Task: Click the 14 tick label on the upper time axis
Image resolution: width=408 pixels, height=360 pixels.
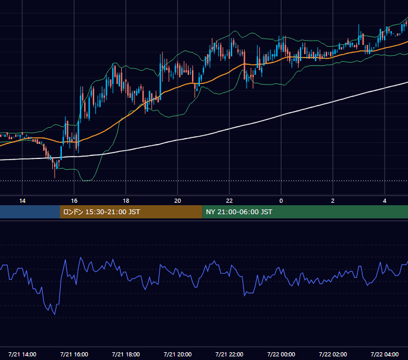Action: click(22, 201)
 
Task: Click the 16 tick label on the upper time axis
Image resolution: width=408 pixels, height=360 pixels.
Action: click(74, 201)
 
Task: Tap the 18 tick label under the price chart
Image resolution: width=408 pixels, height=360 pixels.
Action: click(126, 201)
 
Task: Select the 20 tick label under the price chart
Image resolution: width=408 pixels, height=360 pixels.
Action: click(178, 201)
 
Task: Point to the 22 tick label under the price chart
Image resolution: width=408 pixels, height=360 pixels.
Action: click(229, 201)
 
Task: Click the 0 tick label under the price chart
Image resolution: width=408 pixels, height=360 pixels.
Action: click(281, 201)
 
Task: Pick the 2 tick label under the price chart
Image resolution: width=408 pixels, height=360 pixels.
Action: click(333, 201)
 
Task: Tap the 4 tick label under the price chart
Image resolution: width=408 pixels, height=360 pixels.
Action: click(385, 201)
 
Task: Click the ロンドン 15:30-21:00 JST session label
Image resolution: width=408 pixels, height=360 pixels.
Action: click(101, 212)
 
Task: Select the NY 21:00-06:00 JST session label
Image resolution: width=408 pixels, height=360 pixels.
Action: click(239, 212)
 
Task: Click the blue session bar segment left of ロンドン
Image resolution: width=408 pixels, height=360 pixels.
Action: click(30, 212)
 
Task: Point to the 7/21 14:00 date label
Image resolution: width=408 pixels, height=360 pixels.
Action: click(22, 354)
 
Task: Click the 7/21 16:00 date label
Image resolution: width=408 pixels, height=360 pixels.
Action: click(74, 354)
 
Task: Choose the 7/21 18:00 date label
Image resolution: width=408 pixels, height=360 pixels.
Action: click(126, 354)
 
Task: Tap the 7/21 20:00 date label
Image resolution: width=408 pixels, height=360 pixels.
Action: click(178, 354)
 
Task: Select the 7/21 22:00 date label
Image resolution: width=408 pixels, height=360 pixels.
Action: click(229, 354)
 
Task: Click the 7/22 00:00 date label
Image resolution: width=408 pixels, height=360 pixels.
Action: click(281, 354)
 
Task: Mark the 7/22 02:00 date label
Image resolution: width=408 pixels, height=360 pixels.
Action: click(333, 354)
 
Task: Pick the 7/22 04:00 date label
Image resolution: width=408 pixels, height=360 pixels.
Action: click(385, 354)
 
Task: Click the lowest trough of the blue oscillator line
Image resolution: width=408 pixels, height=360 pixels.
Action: click(55, 314)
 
